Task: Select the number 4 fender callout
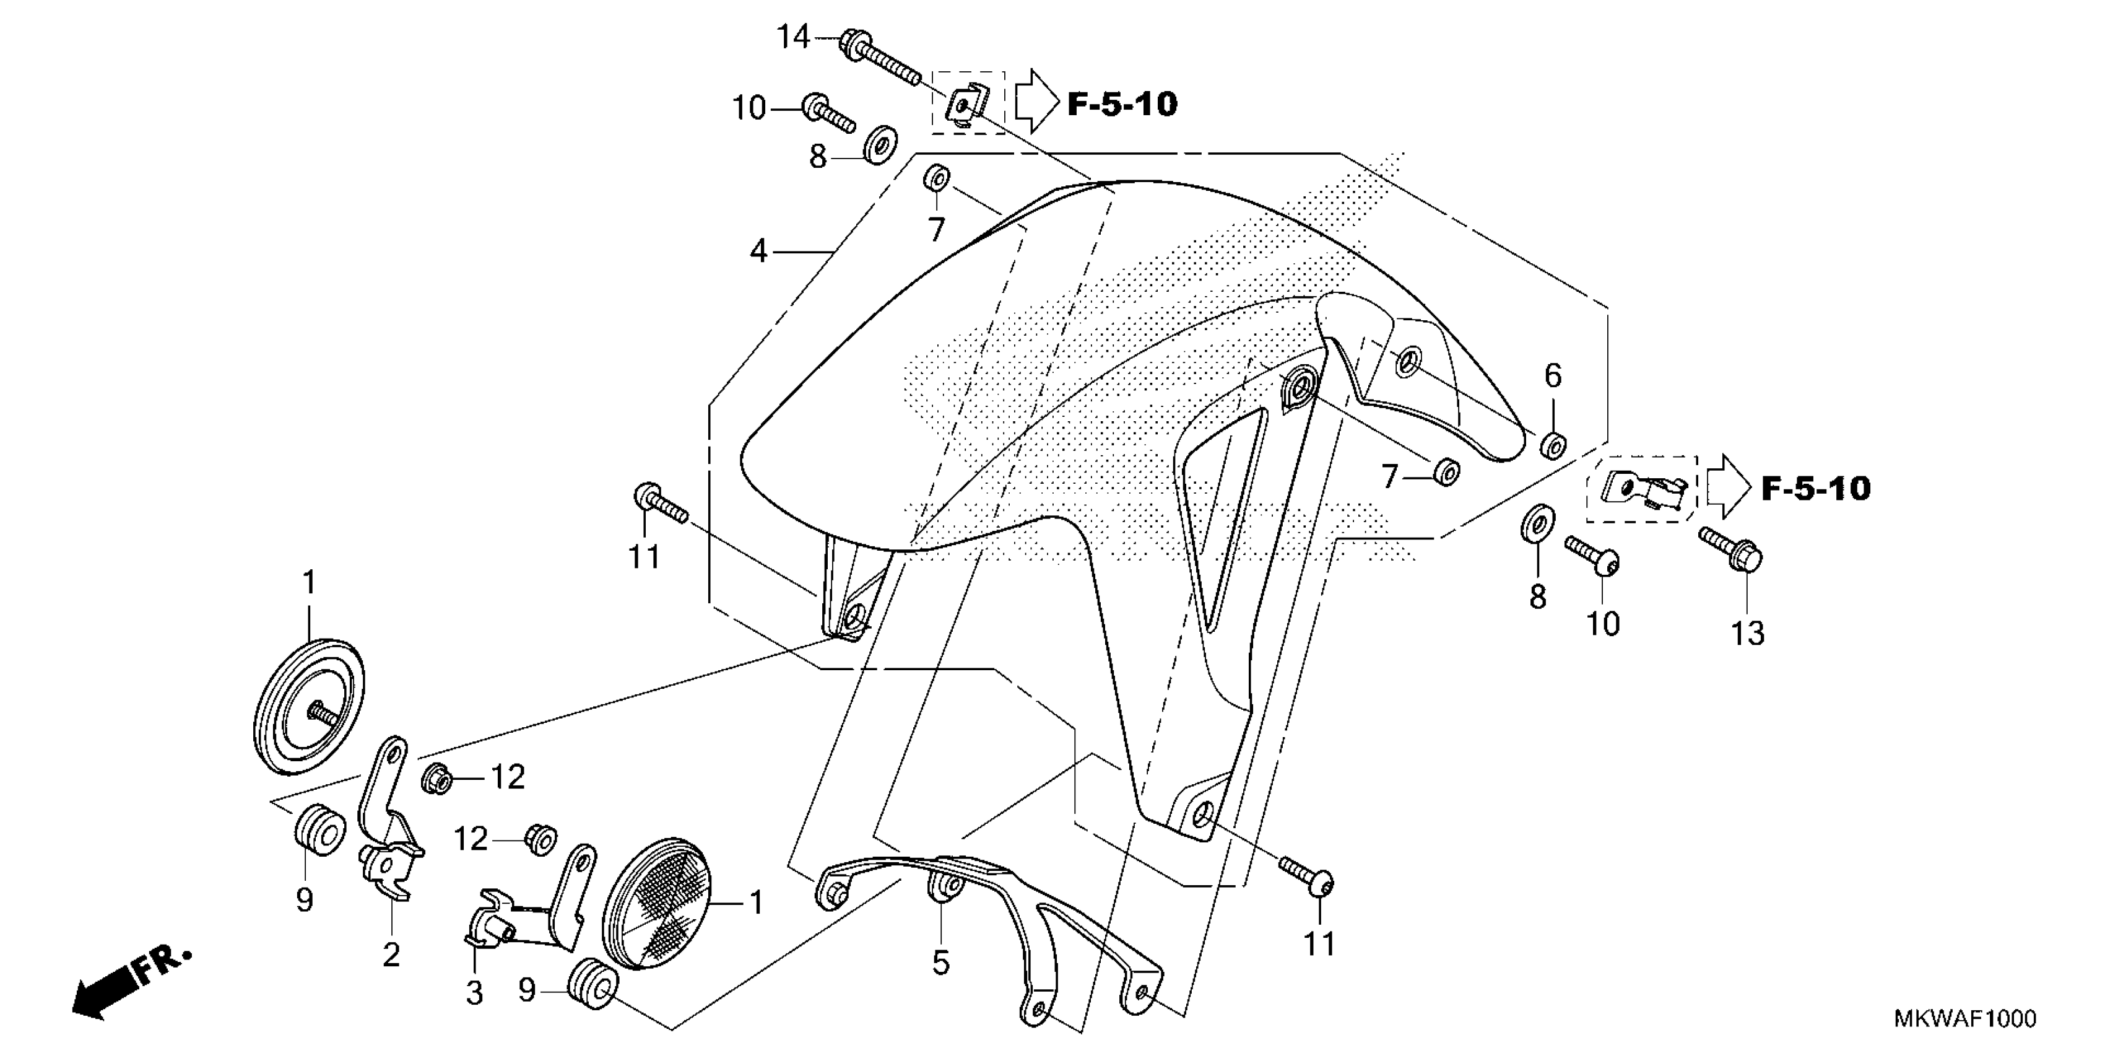(758, 251)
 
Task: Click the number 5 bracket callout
(940, 963)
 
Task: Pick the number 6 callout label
(1553, 376)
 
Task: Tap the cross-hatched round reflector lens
(657, 904)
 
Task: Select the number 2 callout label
(391, 954)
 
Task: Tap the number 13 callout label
(1748, 633)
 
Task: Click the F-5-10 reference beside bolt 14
(1122, 104)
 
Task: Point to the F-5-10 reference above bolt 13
(1815, 489)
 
